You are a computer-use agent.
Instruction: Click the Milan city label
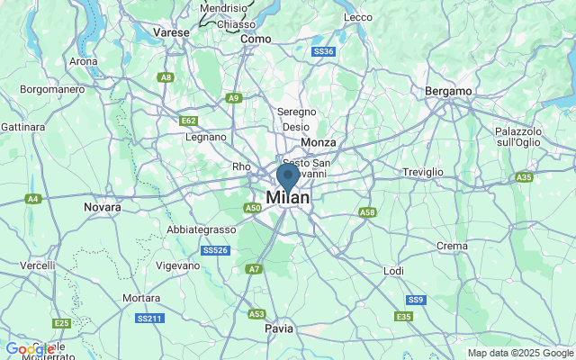pyautogui.click(x=288, y=197)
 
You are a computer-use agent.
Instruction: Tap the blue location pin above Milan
pyautogui.click(x=288, y=175)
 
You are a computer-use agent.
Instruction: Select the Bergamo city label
pyautogui.click(x=448, y=91)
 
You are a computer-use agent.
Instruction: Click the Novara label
pyautogui.click(x=102, y=207)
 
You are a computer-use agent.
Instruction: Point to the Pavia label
pyautogui.click(x=279, y=328)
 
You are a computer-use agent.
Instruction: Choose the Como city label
pyautogui.click(x=256, y=39)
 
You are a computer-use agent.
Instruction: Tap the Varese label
pyautogui.click(x=171, y=31)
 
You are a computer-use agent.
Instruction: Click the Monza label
pyautogui.click(x=319, y=142)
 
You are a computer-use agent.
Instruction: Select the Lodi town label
pyautogui.click(x=394, y=270)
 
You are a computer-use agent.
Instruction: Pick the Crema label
pyautogui.click(x=451, y=246)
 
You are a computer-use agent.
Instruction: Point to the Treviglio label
pyautogui.click(x=423, y=171)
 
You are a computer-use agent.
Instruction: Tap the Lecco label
pyautogui.click(x=357, y=17)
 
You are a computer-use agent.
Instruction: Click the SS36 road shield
pyautogui.click(x=324, y=52)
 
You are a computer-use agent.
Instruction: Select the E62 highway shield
pyautogui.click(x=188, y=120)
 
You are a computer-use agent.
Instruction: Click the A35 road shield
pyautogui.click(x=525, y=177)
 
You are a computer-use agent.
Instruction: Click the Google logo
pyautogui.click(x=30, y=349)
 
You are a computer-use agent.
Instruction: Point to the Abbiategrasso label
pyautogui.click(x=201, y=229)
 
